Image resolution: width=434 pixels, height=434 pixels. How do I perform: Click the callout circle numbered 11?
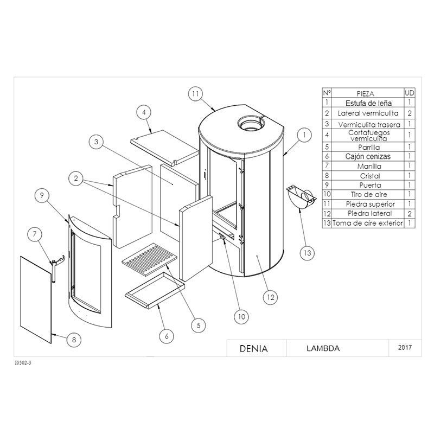pos(195,94)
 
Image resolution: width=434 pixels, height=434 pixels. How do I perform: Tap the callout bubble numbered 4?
pos(144,112)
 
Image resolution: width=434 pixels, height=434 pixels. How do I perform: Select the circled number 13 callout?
pos(308,253)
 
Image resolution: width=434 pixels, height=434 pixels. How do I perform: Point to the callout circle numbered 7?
pos(35,234)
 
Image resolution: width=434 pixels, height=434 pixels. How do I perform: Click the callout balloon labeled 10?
pos(241,317)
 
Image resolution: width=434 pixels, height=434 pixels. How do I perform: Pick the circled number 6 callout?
pos(167,336)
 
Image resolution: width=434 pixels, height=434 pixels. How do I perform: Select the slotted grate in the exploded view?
pos(150,259)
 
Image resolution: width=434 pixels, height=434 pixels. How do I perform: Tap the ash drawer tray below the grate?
pos(155,291)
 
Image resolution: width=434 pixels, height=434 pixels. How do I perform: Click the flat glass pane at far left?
pos(36,299)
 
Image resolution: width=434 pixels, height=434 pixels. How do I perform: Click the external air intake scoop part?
pos(301,198)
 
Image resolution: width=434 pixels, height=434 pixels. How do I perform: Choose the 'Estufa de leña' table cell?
pos(368,103)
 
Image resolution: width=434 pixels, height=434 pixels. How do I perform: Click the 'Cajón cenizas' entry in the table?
pos(368,156)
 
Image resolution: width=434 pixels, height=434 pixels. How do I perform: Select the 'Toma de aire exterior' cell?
pos(368,223)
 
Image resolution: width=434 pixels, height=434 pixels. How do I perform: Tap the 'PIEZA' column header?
pos(365,93)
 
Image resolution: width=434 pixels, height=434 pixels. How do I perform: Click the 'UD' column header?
pos(410,93)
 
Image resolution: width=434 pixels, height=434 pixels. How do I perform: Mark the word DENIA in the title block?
pos(253,348)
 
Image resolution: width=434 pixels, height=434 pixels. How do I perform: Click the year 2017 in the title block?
pos(405,347)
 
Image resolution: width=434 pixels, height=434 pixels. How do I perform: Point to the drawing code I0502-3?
pos(23,363)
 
